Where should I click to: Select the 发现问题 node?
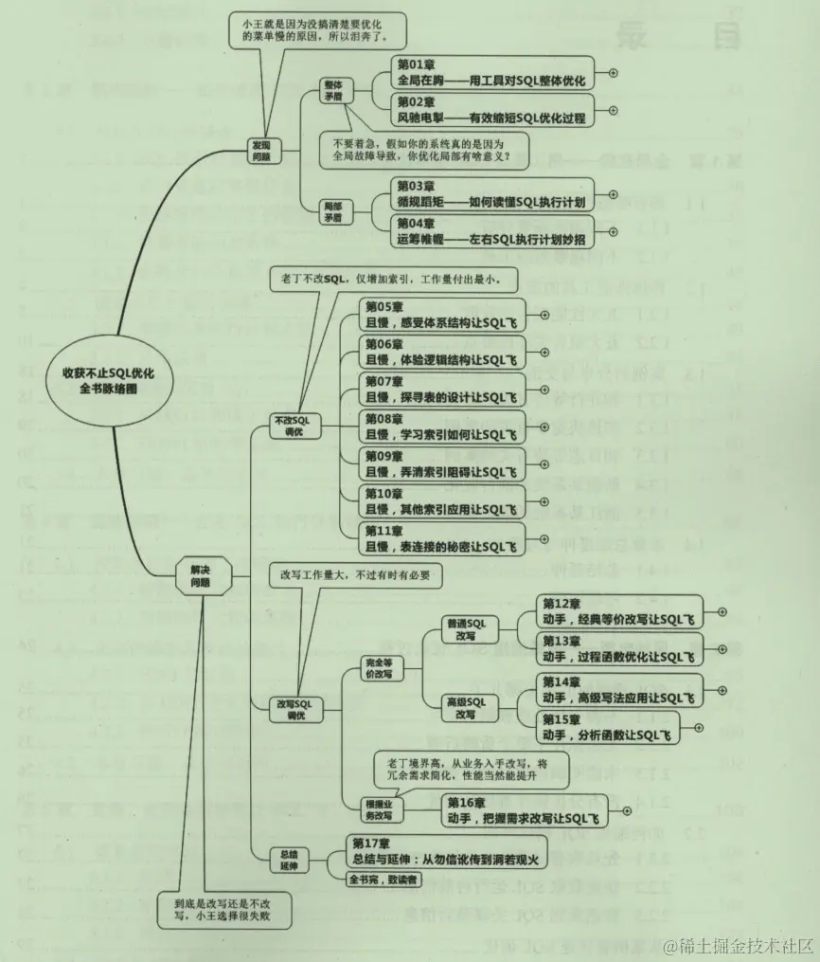click(x=261, y=151)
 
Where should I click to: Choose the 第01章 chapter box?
click(x=492, y=72)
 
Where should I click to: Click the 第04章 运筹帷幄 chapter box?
click(x=493, y=232)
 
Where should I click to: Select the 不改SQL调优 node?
click(x=293, y=424)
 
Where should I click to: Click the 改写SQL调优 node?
click(x=293, y=710)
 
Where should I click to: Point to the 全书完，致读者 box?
click(x=383, y=880)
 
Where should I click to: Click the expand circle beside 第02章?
click(x=612, y=111)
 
